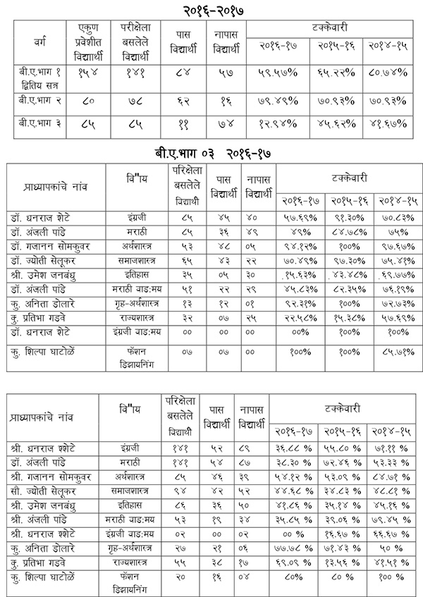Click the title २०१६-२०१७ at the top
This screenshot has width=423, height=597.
tap(211, 10)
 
